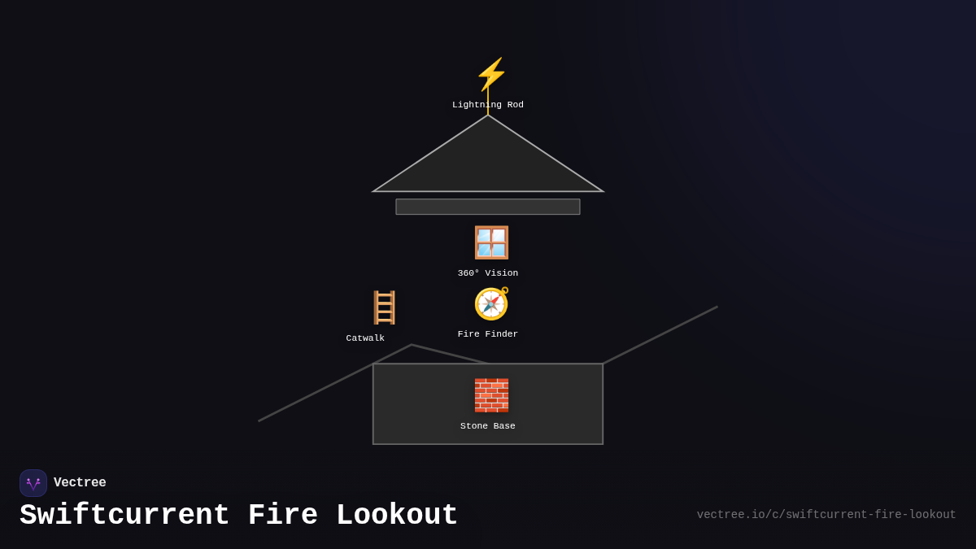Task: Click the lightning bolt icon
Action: (x=491, y=75)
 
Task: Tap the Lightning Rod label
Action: (x=488, y=105)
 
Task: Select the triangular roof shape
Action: (x=488, y=163)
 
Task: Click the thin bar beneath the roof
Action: (x=488, y=207)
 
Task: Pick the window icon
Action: (x=491, y=242)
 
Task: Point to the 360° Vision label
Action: (x=488, y=273)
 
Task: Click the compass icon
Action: (x=491, y=304)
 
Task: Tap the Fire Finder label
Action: (x=488, y=334)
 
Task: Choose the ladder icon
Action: (x=384, y=307)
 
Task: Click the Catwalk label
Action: (x=365, y=338)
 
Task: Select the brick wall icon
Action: (x=491, y=395)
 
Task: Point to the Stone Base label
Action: (x=488, y=426)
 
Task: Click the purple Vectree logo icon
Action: (x=33, y=483)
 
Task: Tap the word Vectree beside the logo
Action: (x=80, y=483)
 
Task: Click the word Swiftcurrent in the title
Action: (x=124, y=516)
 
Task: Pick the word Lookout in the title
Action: (x=397, y=516)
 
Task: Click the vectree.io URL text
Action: (x=826, y=515)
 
